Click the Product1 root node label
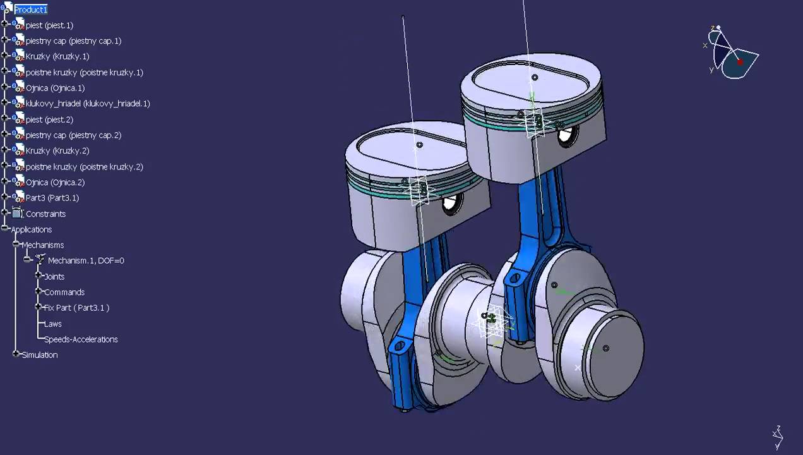pos(30,9)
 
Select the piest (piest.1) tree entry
pos(49,25)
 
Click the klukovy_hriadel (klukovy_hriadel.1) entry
pos(88,104)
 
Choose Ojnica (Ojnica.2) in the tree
pos(55,183)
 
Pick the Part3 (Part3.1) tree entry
pos(52,198)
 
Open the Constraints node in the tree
pos(45,214)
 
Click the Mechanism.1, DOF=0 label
pos(86,260)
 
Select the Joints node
pos(54,277)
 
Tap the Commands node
pos(64,292)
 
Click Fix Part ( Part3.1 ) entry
pos(76,308)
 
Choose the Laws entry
pos(53,324)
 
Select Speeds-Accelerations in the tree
pos(81,339)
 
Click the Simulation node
pos(40,355)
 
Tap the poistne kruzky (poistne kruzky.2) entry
pos(84,167)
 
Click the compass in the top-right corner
pos(732,53)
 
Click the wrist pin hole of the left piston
pos(451,205)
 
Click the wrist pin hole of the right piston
pos(567,135)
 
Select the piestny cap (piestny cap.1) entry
pos(73,41)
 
